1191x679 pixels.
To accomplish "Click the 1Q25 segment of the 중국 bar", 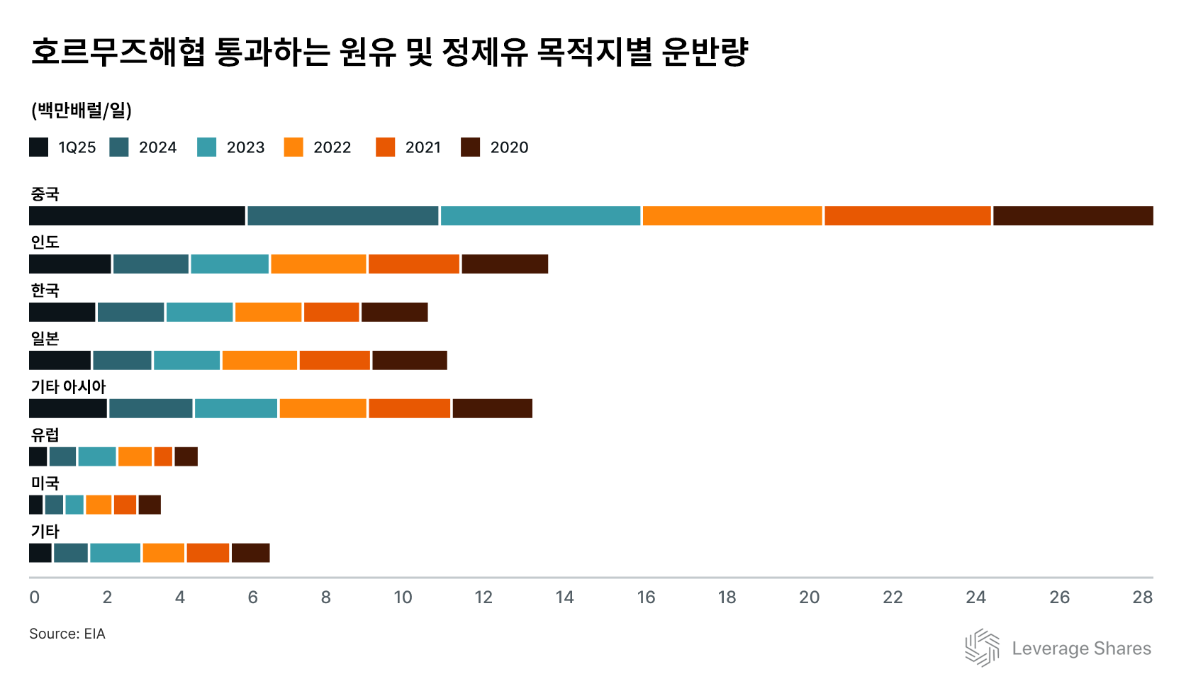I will click(x=137, y=216).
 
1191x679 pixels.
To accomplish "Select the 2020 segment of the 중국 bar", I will click(x=1073, y=216).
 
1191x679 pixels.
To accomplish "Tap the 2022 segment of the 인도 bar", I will click(x=318, y=264).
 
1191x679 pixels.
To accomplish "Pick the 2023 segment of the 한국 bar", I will click(x=199, y=313).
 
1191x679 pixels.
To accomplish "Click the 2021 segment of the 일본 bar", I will click(x=335, y=361).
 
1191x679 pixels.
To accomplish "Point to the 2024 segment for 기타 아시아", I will click(x=151, y=409).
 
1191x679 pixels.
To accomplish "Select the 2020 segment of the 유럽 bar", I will click(x=186, y=457).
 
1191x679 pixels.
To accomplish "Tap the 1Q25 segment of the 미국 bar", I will click(x=35, y=505).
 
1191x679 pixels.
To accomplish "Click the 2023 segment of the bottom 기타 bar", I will click(x=115, y=554).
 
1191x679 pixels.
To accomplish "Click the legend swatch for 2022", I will click(x=293, y=147).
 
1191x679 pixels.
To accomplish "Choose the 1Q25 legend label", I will click(x=77, y=147).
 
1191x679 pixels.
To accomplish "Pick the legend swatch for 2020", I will click(x=470, y=147).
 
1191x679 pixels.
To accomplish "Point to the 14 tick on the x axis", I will click(x=564, y=597).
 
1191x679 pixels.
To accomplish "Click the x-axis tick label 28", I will click(x=1142, y=597).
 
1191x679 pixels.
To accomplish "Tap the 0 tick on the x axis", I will click(x=34, y=597).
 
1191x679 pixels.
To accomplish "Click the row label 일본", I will click(x=45, y=339).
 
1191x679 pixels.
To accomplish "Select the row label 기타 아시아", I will click(x=68, y=387).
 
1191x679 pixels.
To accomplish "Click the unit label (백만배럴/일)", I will click(x=81, y=111).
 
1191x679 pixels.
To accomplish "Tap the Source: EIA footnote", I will click(x=67, y=634).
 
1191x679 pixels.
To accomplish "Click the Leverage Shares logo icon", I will click(x=982, y=648).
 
